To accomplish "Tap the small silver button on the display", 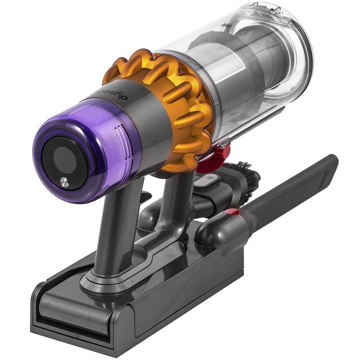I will point(64,182).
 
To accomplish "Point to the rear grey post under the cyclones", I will point(173,202).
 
